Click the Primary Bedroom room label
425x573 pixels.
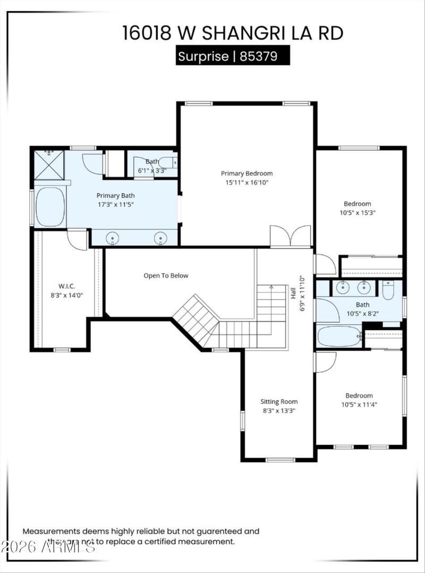point(246,173)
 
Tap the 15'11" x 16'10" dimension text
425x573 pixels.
point(246,183)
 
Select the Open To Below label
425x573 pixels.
point(166,275)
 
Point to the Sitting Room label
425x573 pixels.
point(279,402)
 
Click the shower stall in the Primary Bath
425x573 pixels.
point(49,165)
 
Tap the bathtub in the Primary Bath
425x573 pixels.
point(50,207)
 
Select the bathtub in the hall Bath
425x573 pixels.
point(338,336)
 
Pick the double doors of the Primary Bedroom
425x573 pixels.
point(290,236)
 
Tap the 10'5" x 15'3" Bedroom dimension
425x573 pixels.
point(357,213)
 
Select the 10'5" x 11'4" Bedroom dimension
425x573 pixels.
point(359,405)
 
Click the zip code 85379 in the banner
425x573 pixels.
point(258,56)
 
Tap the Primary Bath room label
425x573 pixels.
point(115,195)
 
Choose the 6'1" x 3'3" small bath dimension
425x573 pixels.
point(152,171)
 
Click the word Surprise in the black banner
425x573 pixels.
point(202,56)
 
